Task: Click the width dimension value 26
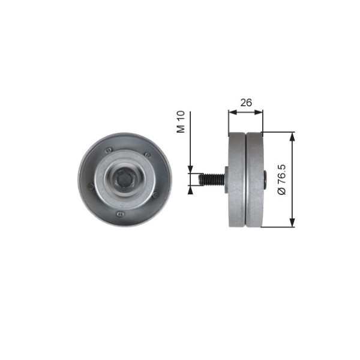[x=245, y=103]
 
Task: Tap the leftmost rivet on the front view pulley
[x=91, y=186]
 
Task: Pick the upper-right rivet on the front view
[x=148, y=155]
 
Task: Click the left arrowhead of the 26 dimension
[x=232, y=111]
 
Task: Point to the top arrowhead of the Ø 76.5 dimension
[x=293, y=136]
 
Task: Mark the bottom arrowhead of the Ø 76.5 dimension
[x=293, y=223]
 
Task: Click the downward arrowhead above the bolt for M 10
[x=190, y=169]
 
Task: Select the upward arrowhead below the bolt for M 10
[x=190, y=190]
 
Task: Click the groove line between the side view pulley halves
[x=246, y=179]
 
